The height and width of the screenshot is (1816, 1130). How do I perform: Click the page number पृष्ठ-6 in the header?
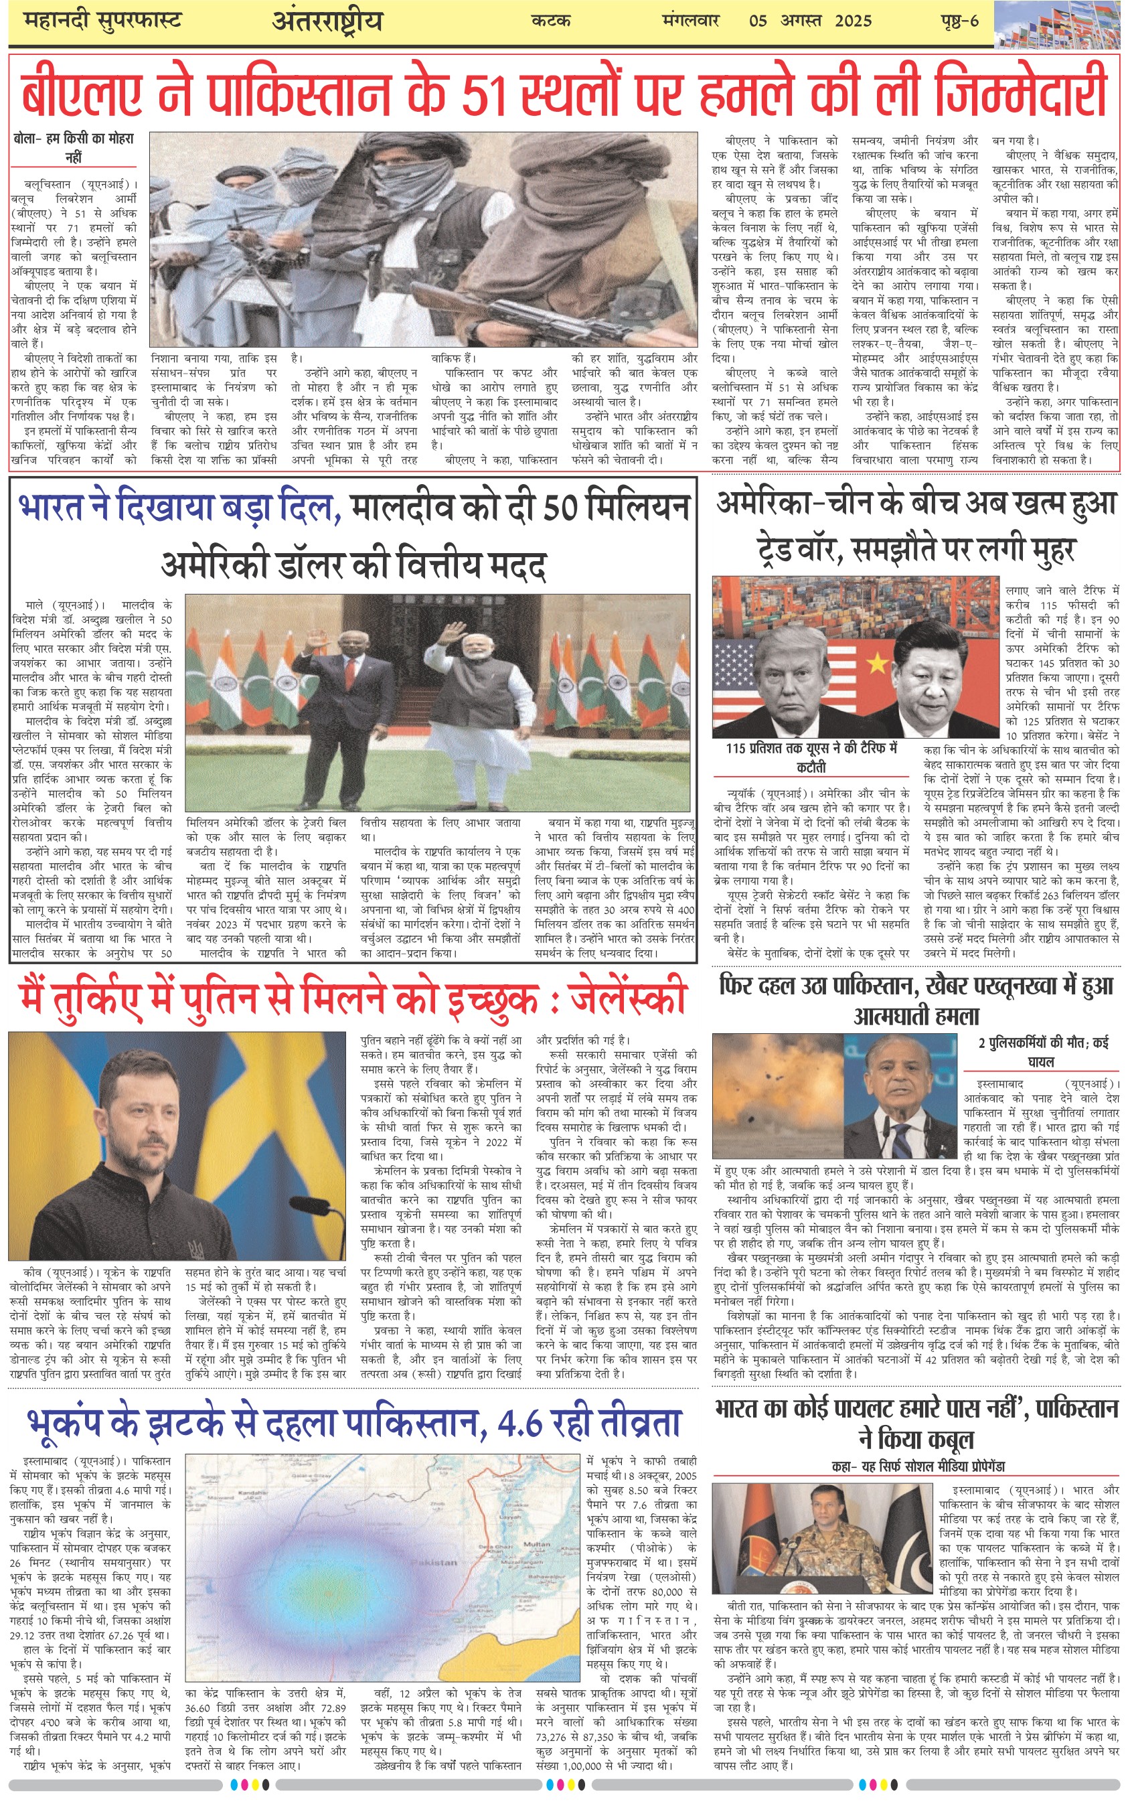click(959, 20)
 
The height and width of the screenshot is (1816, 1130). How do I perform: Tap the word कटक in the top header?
click(551, 20)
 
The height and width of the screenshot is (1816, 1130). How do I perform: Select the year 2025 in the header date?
click(853, 20)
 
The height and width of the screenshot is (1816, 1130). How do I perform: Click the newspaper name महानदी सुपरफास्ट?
click(102, 20)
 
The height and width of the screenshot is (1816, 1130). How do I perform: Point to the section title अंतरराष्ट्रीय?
click(327, 21)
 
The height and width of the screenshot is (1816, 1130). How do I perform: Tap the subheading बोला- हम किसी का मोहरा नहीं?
click(73, 147)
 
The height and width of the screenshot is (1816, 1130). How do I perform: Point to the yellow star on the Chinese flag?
click(878, 663)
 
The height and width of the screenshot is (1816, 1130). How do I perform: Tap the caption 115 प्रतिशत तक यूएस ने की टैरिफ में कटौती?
click(811, 756)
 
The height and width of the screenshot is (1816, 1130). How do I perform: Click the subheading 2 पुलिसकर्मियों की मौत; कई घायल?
click(1042, 1051)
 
